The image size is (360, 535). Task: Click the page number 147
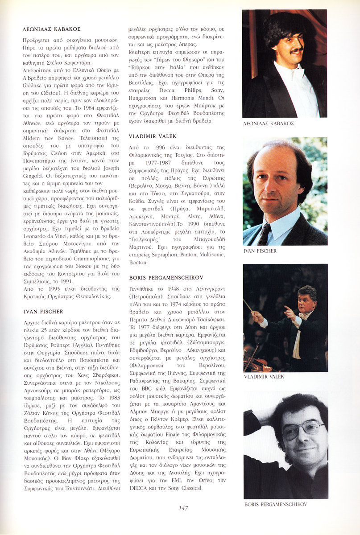[183, 508]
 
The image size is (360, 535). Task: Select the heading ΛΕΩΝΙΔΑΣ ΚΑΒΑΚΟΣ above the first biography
[51, 29]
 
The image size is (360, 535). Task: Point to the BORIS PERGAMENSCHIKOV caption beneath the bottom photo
[276, 504]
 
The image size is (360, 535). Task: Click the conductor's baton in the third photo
[248, 305]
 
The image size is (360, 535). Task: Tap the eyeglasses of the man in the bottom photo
[304, 428]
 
